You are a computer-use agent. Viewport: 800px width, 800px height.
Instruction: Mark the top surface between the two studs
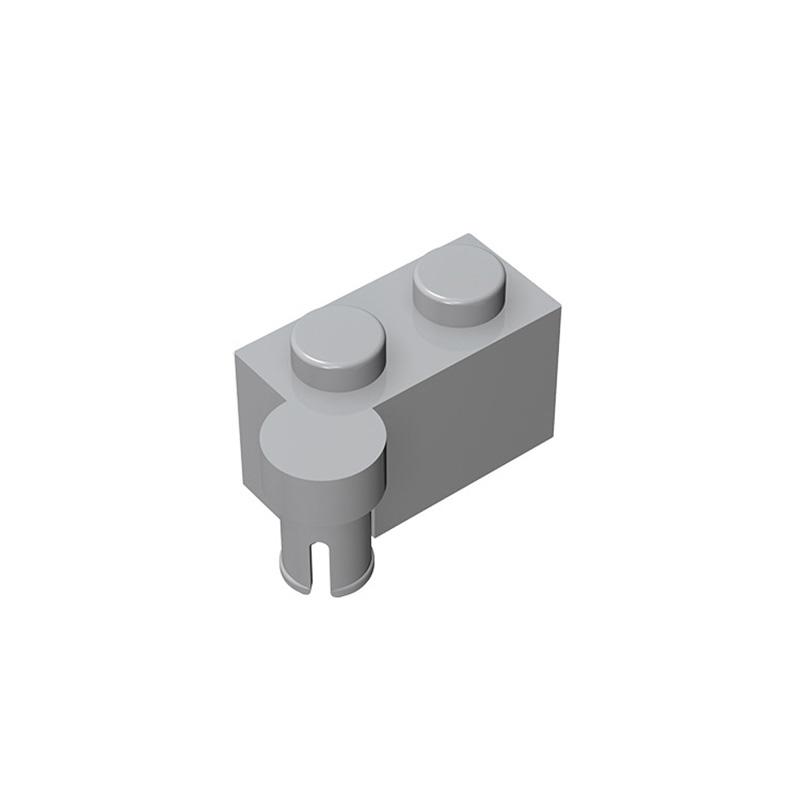click(400, 305)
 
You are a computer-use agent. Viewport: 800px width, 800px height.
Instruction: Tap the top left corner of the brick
click(236, 353)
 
